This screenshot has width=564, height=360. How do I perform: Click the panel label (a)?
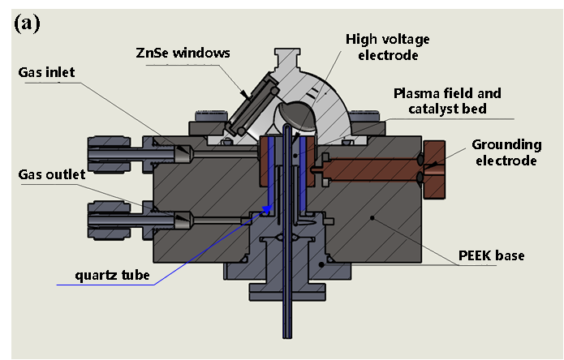26,24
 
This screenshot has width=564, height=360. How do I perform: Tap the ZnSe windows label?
183,54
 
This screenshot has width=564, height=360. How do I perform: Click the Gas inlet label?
46,73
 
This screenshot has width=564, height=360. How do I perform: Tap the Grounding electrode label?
507,152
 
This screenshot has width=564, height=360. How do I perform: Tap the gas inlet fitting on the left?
130,150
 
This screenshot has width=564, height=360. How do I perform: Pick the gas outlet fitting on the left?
130,219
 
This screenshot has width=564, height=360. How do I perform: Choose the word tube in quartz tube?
136,275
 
